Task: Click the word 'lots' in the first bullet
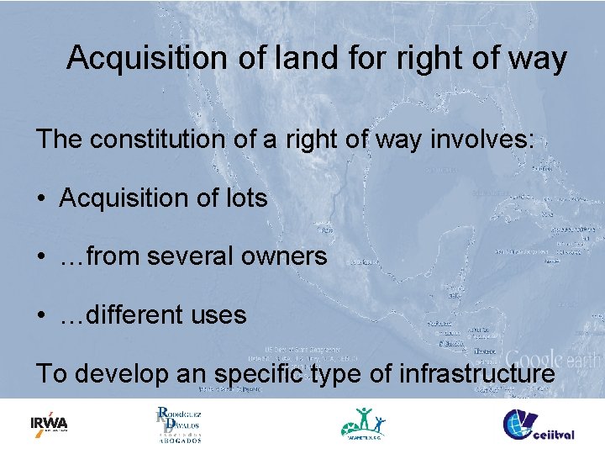(245, 198)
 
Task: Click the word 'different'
(130, 315)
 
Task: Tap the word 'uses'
(218, 315)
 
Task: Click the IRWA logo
(49, 424)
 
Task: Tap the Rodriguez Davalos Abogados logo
(179, 424)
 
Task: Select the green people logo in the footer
(363, 424)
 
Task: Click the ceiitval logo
(538, 424)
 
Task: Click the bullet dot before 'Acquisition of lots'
(41, 199)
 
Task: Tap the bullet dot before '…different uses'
(41, 316)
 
